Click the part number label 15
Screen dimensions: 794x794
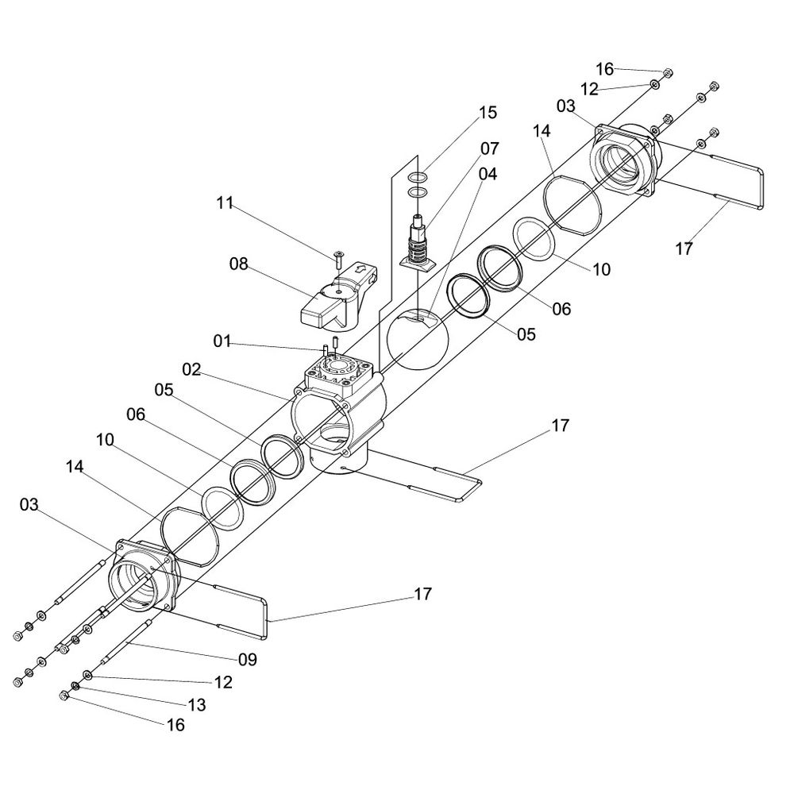click(x=488, y=113)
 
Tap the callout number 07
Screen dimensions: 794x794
click(x=489, y=148)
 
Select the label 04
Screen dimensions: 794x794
click(x=488, y=174)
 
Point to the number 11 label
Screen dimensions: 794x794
click(x=225, y=203)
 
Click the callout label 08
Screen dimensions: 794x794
click(x=239, y=264)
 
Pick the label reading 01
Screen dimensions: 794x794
click(x=223, y=342)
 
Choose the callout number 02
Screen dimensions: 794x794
click(x=191, y=369)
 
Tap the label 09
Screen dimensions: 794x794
click(x=247, y=658)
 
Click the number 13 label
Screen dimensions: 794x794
click(x=196, y=704)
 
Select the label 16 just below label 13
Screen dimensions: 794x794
click(x=175, y=725)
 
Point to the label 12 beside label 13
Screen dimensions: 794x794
click(x=222, y=682)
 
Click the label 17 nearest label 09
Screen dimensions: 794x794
click(x=423, y=594)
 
